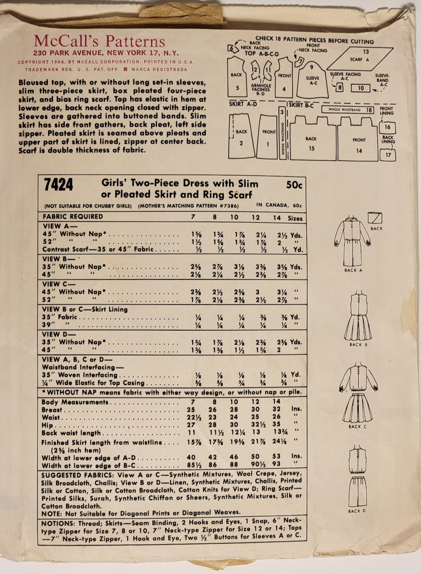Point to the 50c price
[x=294, y=185]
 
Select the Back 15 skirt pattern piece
[x=311, y=141]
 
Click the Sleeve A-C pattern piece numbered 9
[x=313, y=79]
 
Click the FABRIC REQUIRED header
[x=73, y=216]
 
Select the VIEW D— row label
[x=59, y=334]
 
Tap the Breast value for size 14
[x=276, y=410]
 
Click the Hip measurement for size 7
[x=191, y=425]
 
